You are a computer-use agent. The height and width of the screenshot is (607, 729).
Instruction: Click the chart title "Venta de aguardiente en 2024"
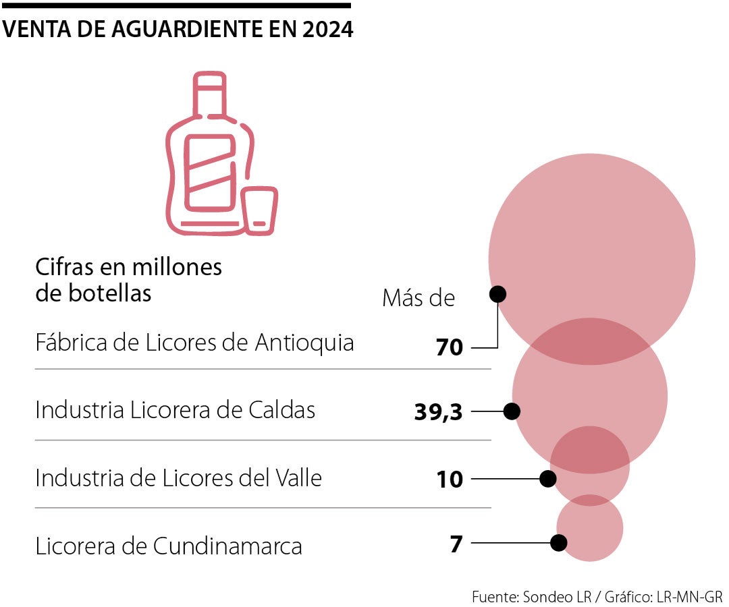pyautogui.click(x=178, y=30)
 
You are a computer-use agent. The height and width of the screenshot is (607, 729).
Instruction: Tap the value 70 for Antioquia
pyautogui.click(x=450, y=348)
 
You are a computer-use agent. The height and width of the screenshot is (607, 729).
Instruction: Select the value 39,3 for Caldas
pyautogui.click(x=438, y=411)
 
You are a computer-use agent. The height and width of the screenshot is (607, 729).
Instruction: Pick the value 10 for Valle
pyautogui.click(x=450, y=480)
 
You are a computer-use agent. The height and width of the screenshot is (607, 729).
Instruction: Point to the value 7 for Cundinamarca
pyautogui.click(x=456, y=543)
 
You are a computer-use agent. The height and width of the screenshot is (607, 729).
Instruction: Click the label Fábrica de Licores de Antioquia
pyautogui.click(x=194, y=343)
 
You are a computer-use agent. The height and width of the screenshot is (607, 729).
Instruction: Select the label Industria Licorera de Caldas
pyautogui.click(x=175, y=409)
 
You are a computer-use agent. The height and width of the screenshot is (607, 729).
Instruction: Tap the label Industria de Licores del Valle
pyautogui.click(x=178, y=478)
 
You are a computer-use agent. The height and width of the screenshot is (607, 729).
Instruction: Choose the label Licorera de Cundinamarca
pyautogui.click(x=168, y=546)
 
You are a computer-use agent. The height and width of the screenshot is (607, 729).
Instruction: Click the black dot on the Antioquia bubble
pyautogui.click(x=497, y=294)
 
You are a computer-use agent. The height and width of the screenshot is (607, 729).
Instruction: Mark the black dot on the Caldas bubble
pyautogui.click(x=512, y=411)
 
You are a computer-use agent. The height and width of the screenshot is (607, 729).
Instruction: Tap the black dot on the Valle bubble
pyautogui.click(x=547, y=479)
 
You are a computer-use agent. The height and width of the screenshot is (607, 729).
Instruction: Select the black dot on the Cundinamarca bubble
pyautogui.click(x=558, y=542)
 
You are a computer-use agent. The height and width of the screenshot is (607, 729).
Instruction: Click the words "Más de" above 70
pyautogui.click(x=418, y=298)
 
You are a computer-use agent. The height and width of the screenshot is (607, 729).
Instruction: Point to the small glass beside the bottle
pyautogui.click(x=260, y=211)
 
